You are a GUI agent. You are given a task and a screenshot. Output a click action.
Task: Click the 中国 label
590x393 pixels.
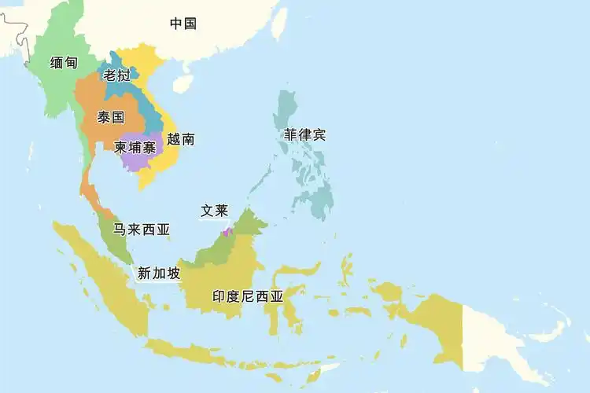click(x=183, y=24)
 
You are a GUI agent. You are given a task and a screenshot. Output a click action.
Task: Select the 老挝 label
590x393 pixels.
click(x=116, y=75)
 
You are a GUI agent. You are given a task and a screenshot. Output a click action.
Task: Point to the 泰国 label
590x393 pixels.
click(x=111, y=118)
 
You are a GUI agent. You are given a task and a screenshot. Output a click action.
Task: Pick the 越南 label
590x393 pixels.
click(x=181, y=139)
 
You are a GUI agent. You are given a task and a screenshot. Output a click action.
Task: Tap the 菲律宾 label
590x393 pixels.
click(x=305, y=134)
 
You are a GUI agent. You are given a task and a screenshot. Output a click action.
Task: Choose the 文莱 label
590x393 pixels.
click(x=214, y=211)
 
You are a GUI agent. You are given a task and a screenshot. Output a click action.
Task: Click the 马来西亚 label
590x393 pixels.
click(x=142, y=230)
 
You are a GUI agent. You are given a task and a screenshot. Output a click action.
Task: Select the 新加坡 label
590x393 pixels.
click(x=159, y=274)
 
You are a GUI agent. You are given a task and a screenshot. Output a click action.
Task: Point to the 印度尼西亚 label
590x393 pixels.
click(x=248, y=297)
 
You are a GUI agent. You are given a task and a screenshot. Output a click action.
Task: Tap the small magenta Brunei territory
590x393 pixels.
click(x=227, y=231)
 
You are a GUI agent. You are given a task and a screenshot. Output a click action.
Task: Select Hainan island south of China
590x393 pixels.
click(x=183, y=83)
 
